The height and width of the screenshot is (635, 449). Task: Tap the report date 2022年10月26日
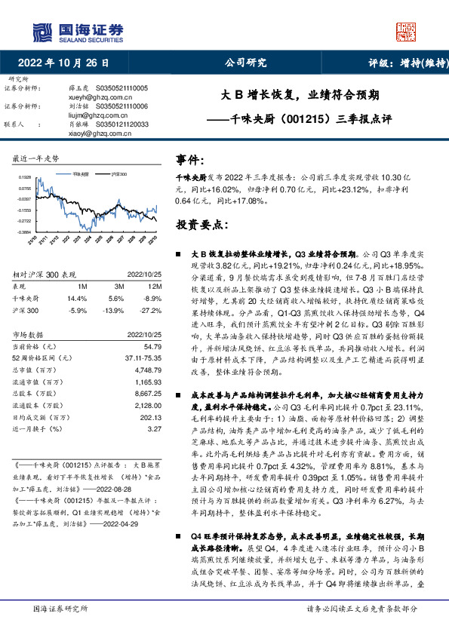[68, 63]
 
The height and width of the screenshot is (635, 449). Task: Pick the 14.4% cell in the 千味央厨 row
[77, 299]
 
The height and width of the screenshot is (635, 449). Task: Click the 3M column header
[115, 287]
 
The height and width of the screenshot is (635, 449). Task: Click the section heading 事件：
[192, 161]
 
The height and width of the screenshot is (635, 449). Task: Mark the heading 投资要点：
[204, 224]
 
